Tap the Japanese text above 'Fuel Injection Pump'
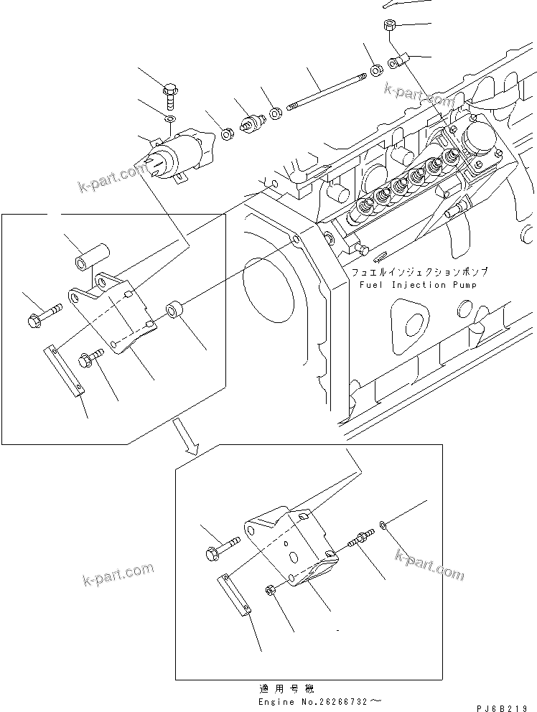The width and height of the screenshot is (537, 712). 419,273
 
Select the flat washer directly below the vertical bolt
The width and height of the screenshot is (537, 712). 169,119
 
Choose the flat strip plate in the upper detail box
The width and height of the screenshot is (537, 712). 65,370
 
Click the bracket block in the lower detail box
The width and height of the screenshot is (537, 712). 290,549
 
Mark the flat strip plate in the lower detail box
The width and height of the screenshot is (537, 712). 235,594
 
